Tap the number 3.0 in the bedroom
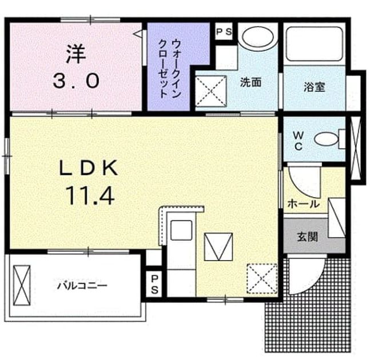[75, 81]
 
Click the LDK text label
[88, 167]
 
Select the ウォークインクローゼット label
[170, 69]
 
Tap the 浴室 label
[315, 87]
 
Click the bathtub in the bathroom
[315, 44]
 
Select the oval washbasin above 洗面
[258, 37]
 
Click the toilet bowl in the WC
[326, 139]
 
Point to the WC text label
[299, 141]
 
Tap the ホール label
[304, 203]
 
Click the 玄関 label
[308, 237]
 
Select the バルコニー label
[82, 286]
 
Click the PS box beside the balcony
[154, 285]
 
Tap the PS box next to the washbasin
[224, 31]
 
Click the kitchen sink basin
[181, 230]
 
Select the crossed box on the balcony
[22, 285]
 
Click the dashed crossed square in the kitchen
[262, 279]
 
